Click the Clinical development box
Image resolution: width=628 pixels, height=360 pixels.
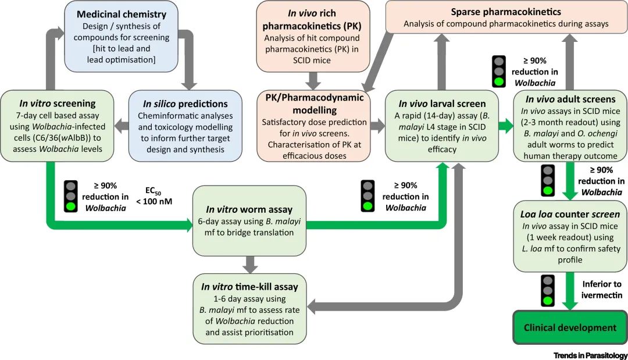(x=570, y=328)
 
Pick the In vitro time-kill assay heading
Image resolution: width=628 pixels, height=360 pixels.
(x=249, y=287)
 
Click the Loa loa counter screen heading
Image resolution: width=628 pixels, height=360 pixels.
(x=570, y=214)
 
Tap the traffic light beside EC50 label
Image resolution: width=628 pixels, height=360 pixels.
(x=72, y=195)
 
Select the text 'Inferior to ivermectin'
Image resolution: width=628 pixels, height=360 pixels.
(x=601, y=290)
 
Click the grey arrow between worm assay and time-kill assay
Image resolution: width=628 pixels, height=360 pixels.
(x=250, y=263)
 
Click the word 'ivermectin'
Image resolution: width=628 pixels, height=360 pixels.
(x=602, y=295)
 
